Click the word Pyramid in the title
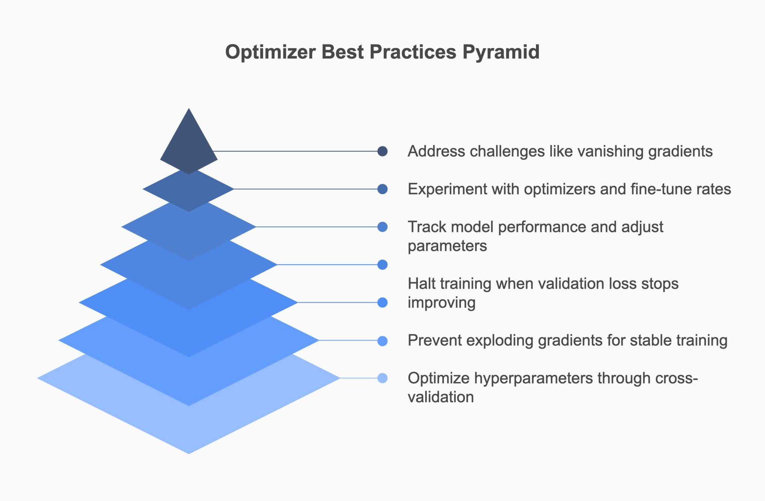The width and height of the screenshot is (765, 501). pyautogui.click(x=501, y=52)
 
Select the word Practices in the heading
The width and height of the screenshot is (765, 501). pyautogui.click(x=413, y=52)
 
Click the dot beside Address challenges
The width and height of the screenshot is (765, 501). pyautogui.click(x=382, y=151)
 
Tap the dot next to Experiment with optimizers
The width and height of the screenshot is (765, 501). pyautogui.click(x=382, y=189)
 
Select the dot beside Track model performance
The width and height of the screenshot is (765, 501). pyautogui.click(x=382, y=227)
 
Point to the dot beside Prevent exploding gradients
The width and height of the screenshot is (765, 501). pyautogui.click(x=382, y=341)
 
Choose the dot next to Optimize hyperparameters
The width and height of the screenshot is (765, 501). pyautogui.click(x=382, y=378)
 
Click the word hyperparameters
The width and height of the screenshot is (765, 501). pyautogui.click(x=533, y=378)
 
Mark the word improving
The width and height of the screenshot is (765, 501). pyautogui.click(x=442, y=303)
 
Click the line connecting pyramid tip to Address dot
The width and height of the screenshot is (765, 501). pyautogui.click(x=296, y=151)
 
